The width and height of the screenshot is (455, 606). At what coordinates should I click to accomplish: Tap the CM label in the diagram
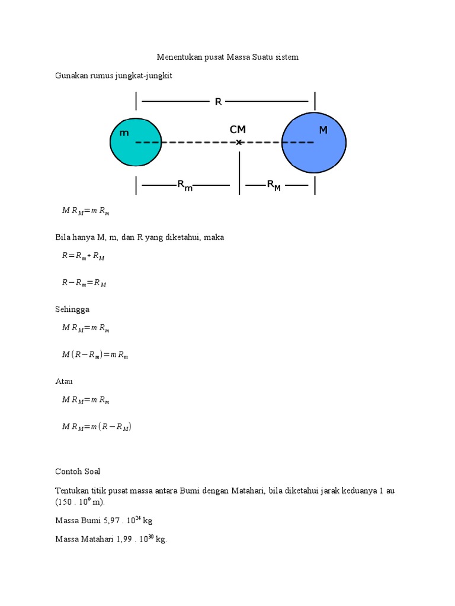(238, 130)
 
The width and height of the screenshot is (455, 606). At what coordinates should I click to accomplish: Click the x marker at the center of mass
(239, 142)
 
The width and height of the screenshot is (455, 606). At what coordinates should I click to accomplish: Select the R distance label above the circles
(218, 102)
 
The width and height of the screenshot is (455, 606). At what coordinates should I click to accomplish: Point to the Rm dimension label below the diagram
(185, 185)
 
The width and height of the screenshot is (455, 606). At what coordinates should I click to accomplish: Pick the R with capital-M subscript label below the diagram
(273, 185)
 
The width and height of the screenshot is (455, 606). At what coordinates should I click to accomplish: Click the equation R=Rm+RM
(83, 256)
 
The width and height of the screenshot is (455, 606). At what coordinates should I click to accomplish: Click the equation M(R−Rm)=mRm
(95, 355)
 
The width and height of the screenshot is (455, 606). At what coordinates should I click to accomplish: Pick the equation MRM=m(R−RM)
(96, 426)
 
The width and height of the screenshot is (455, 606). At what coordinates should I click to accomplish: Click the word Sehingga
(72, 309)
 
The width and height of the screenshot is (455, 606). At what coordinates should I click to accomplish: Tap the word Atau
(64, 382)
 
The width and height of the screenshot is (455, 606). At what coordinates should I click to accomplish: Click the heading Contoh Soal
(78, 472)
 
